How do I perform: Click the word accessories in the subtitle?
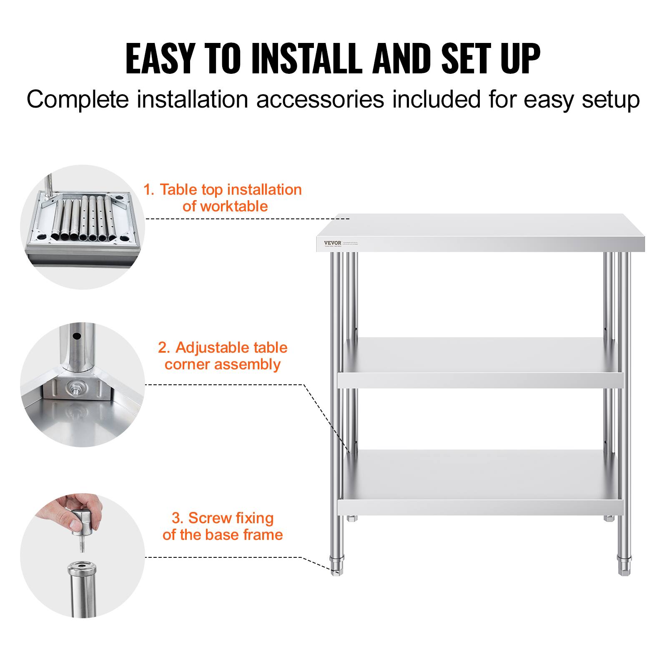click(x=320, y=100)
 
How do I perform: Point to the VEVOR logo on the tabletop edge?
click(x=333, y=243)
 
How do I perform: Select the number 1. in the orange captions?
click(x=149, y=190)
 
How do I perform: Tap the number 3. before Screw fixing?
click(x=178, y=518)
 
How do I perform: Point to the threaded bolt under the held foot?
click(x=82, y=544)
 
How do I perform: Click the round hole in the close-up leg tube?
click(x=77, y=336)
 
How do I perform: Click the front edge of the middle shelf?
click(x=479, y=381)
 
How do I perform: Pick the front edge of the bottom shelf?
click(x=479, y=507)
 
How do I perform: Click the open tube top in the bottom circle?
click(x=82, y=567)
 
